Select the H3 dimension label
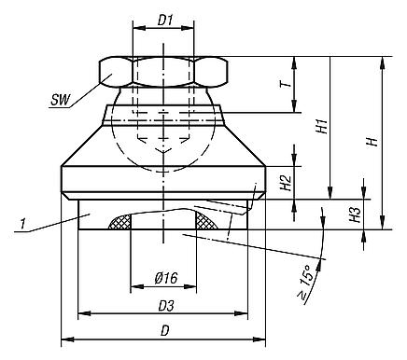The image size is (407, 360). (357, 214)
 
